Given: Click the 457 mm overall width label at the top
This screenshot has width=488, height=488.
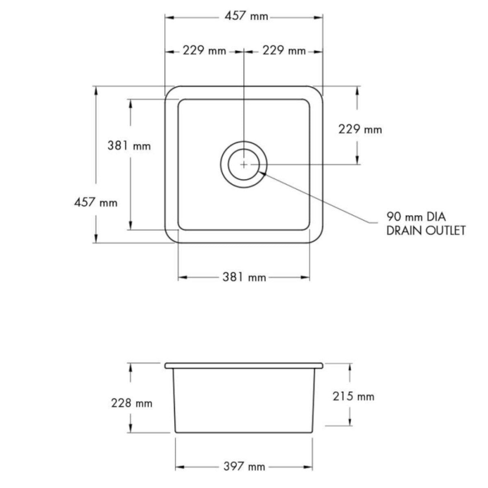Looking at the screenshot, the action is tap(246, 16).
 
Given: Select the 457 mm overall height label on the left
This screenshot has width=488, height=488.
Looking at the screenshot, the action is tap(96, 203).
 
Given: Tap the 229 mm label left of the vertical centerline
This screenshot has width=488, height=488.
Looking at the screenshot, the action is tap(205, 50).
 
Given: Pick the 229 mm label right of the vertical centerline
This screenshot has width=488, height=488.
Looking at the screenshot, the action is tap(284, 50).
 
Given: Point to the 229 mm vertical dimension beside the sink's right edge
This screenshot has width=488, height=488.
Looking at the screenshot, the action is tap(360, 129).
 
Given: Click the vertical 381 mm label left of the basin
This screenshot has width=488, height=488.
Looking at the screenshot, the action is tap(129, 146).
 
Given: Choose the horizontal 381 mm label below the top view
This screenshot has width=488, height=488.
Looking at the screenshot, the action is tap(244, 277).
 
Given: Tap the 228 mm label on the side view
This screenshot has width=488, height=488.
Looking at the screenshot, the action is tap(132, 403).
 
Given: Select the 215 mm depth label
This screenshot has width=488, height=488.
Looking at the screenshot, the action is tap(353, 396).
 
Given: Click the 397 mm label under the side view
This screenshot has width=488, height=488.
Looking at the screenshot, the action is tap(244, 459).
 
